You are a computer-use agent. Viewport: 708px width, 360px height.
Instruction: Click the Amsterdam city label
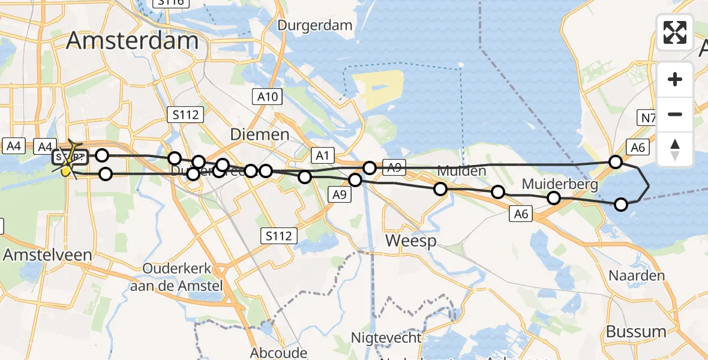pyautogui.click(x=132, y=40)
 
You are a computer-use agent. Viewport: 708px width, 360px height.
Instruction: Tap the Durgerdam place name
pyautogui.click(x=315, y=25)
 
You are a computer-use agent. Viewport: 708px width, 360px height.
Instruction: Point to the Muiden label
pyautogui.click(x=461, y=171)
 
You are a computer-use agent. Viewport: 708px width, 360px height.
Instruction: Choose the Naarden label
pyautogui.click(x=637, y=275)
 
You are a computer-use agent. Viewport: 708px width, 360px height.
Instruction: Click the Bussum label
pyautogui.click(x=636, y=331)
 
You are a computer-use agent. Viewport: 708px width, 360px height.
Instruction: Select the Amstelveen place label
pyautogui.click(x=47, y=254)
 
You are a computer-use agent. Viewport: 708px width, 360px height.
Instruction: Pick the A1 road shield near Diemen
pyautogui.click(x=322, y=156)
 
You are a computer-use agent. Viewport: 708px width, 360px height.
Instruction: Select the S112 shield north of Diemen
pyautogui.click(x=185, y=114)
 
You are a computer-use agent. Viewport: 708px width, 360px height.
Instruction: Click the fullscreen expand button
pyautogui.click(x=675, y=32)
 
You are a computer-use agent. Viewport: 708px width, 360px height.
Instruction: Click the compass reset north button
pyautogui.click(x=675, y=149)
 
